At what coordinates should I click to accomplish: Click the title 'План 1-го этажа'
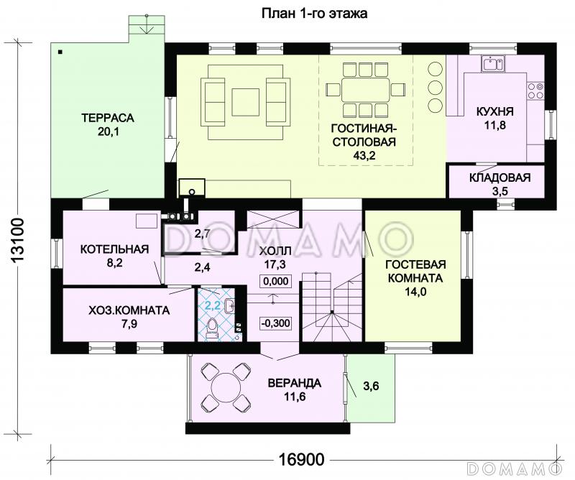tap(314, 14)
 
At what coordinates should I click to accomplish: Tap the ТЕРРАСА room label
tap(108, 118)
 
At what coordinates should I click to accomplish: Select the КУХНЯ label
tap(494, 111)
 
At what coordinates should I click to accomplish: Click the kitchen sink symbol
tap(493, 64)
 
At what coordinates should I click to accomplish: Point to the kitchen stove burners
tap(535, 91)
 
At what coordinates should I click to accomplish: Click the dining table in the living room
tap(365, 90)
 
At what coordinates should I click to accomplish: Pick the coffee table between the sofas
tap(245, 102)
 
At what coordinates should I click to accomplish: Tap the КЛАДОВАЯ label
tap(500, 178)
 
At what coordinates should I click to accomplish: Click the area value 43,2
tap(364, 155)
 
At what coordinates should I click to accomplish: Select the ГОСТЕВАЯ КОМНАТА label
tap(415, 271)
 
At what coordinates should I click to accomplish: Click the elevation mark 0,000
tap(276, 281)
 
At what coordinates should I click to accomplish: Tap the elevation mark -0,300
tap(276, 323)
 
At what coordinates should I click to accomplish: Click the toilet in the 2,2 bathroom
tap(212, 328)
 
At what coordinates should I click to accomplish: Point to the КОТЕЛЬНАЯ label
tap(114, 249)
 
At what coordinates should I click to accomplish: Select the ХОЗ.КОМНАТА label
tap(129, 310)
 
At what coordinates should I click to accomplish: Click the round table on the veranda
tap(226, 389)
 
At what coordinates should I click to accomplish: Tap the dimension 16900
tap(301, 459)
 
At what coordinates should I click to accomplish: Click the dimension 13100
tap(17, 240)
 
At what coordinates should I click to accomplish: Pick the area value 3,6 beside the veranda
tap(371, 386)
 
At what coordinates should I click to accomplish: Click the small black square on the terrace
tap(60, 52)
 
